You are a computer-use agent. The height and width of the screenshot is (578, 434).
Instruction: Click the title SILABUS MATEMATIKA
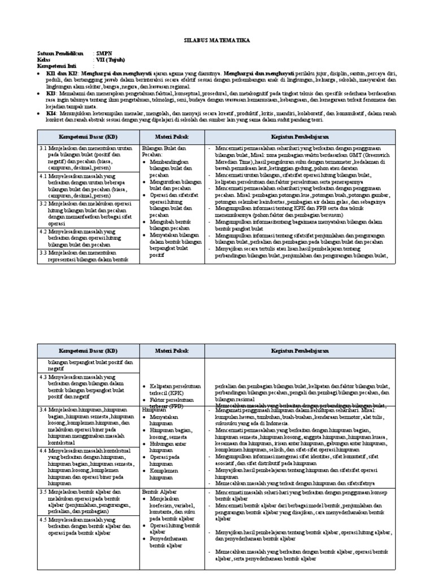pos(217,41)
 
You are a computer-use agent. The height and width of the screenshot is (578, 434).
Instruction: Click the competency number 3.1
pos(44,147)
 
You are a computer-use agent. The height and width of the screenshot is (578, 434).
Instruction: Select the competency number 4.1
pos(44,176)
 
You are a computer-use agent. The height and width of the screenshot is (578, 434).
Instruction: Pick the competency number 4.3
pos(44,376)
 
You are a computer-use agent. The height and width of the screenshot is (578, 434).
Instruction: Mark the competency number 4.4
pos(44,450)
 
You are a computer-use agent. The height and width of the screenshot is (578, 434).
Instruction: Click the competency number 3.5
pos(44,492)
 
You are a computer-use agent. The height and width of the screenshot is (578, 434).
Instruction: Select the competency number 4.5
pos(44,519)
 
